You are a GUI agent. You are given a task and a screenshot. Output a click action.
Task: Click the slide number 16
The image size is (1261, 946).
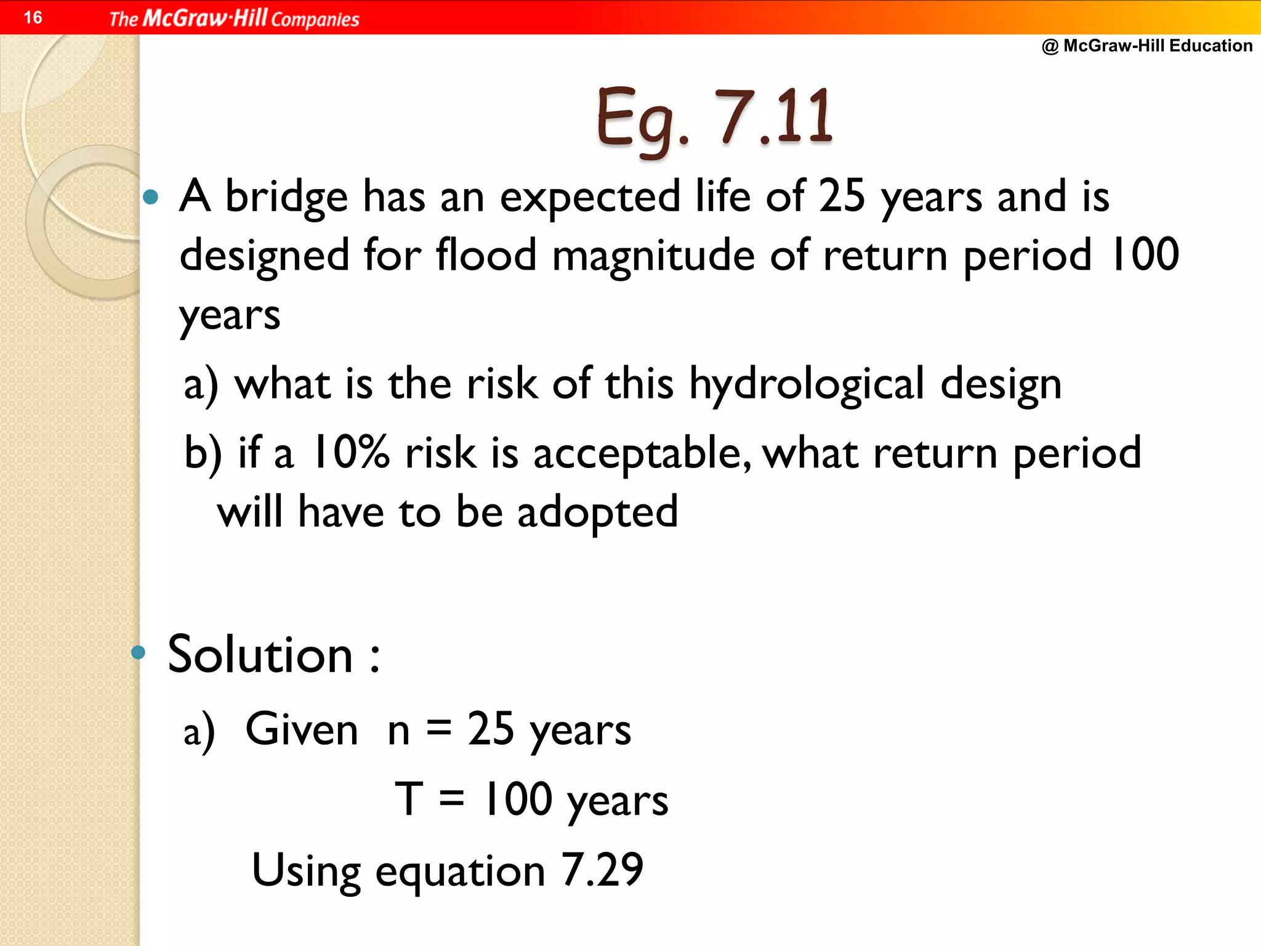coord(33,17)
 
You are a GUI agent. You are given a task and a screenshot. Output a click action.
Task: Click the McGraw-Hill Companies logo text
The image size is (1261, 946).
coord(234,18)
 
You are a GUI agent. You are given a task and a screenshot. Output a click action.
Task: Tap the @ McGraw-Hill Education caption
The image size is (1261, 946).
coord(1146,46)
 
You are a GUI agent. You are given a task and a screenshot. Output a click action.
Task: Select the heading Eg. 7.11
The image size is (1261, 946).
coord(714,117)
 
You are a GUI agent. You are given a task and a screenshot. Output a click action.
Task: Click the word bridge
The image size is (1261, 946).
coord(286,197)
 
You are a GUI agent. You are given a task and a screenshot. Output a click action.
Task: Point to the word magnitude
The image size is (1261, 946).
coord(653,256)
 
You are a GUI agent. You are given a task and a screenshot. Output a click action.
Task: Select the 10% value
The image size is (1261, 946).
coord(350,453)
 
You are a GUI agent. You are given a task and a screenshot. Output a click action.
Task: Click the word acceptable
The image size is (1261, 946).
coord(640,454)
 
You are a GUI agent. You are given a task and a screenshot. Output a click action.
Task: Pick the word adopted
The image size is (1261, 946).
coord(597,513)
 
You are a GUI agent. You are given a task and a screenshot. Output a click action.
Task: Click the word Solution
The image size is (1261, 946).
coord(260,655)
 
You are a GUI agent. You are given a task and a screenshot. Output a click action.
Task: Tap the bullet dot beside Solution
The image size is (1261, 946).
coord(139,652)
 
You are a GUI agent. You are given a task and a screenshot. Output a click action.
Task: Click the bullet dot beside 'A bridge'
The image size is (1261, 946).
coord(150,197)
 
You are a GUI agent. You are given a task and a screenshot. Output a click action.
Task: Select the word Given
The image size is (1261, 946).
coord(302,730)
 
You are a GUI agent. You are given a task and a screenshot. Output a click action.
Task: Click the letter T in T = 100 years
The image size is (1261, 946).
coord(409,799)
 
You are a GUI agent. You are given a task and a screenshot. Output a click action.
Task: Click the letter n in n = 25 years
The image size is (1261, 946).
coord(398,732)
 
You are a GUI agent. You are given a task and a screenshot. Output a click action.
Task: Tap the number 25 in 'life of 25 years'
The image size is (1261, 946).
coord(842,196)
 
